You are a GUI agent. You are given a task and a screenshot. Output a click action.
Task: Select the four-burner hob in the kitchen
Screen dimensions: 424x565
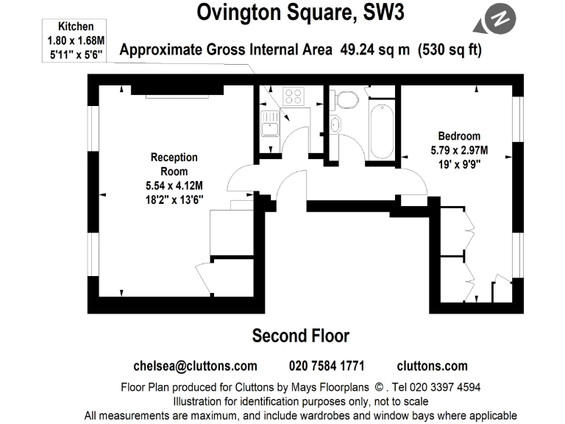pyautogui.click(x=294, y=96)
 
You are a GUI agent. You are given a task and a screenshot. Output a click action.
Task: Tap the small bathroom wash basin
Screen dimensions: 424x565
pyautogui.click(x=336, y=125)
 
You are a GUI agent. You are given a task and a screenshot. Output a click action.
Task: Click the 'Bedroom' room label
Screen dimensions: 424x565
pyautogui.click(x=459, y=135)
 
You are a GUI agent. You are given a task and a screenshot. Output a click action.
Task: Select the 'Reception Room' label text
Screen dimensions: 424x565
pyautogui.click(x=174, y=163)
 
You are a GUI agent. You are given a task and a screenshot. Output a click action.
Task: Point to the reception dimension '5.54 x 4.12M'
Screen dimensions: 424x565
pyautogui.click(x=174, y=185)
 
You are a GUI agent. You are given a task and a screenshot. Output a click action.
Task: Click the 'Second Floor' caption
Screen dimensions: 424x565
pyautogui.click(x=300, y=336)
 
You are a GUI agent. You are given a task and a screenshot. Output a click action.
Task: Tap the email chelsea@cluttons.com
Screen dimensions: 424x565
pyautogui.click(x=195, y=366)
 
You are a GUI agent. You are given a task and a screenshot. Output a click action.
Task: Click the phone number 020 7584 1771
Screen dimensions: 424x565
pyautogui.click(x=327, y=366)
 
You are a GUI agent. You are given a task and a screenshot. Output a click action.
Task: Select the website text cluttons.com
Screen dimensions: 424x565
pyautogui.click(x=432, y=366)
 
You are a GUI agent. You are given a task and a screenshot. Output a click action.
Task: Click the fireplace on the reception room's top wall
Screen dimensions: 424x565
pyautogui.click(x=177, y=90)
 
